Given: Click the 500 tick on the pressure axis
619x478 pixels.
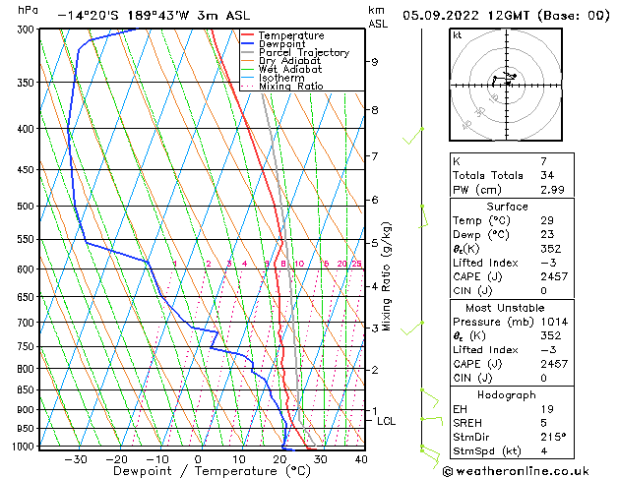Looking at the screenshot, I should coord(27,207).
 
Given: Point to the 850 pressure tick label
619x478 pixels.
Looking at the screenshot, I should coord(27,389).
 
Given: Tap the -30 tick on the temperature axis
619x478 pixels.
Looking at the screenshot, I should coord(76,459).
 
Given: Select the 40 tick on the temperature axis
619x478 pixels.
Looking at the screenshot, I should coord(361,459).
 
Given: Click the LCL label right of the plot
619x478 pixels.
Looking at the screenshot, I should coord(387,421).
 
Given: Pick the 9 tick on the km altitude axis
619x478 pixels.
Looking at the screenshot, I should coord(374,62).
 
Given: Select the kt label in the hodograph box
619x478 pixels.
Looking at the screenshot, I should coord(458,34).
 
